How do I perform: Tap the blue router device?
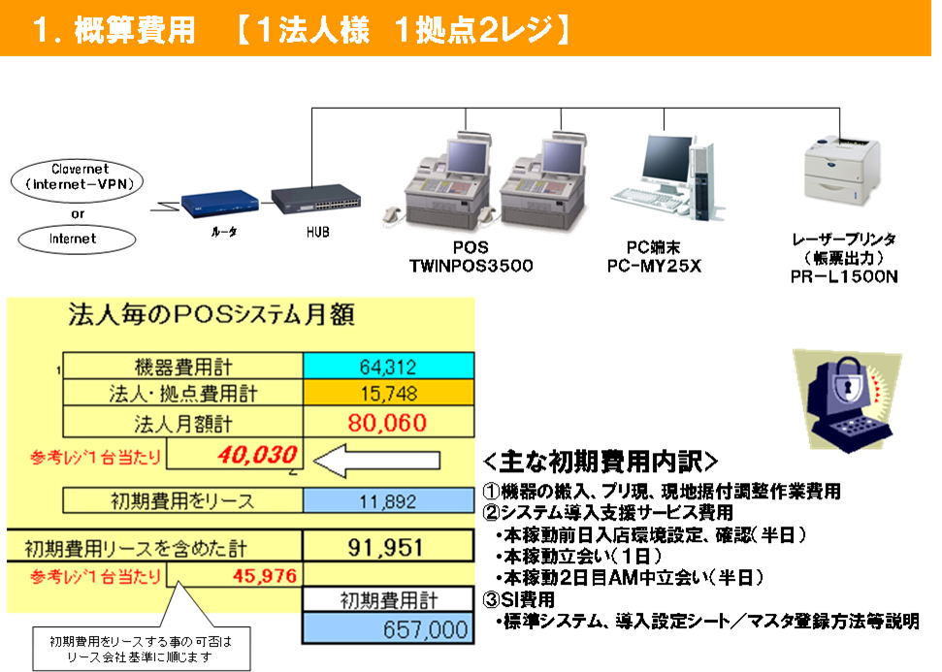click(220, 202)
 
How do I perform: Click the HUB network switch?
click(316, 198)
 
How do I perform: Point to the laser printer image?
click(841, 171)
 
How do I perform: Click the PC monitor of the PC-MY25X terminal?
click(664, 159)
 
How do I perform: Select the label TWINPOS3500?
click(471, 266)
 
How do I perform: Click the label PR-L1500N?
click(844, 276)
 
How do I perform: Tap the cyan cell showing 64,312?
click(389, 367)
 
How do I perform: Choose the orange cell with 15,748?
click(389, 394)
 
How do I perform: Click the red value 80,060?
click(387, 423)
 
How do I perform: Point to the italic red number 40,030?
click(257, 455)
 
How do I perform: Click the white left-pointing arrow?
click(376, 460)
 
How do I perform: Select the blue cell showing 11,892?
click(389, 500)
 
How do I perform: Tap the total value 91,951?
click(385, 548)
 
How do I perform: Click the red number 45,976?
click(265, 577)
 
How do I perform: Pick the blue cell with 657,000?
click(388, 629)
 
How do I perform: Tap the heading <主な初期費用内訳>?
click(601, 462)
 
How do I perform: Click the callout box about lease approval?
click(142, 649)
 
